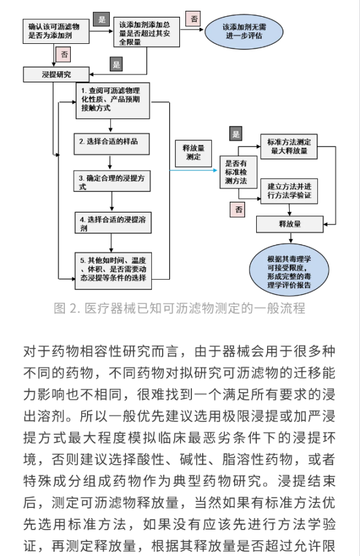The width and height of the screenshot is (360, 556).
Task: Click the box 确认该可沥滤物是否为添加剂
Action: click(56, 31)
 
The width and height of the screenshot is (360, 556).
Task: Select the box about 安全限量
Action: click(146, 32)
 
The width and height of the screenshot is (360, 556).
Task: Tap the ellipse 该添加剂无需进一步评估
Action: click(244, 32)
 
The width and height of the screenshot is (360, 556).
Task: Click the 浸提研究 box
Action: click(56, 74)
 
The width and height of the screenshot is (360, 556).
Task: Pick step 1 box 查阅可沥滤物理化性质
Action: click(113, 101)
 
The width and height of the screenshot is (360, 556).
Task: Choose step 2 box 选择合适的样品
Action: click(112, 144)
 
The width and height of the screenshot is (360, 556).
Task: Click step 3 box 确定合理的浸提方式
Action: click(112, 181)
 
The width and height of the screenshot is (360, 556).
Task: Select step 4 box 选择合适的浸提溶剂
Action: click(113, 223)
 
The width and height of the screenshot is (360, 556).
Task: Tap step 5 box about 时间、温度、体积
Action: click(113, 271)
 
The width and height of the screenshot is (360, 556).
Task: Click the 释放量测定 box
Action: click(193, 153)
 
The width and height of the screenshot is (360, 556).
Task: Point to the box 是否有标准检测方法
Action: click(238, 172)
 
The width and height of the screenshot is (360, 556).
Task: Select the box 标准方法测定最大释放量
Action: click(289, 147)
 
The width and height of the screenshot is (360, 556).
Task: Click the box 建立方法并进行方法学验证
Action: click(289, 191)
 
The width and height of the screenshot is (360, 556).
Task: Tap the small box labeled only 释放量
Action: click(290, 224)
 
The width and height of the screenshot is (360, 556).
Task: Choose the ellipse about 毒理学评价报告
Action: click(289, 270)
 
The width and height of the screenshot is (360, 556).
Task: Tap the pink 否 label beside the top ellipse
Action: click(194, 19)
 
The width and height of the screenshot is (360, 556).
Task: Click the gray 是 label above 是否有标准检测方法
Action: click(236, 134)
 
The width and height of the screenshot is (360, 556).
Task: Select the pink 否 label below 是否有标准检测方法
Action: click(239, 210)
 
